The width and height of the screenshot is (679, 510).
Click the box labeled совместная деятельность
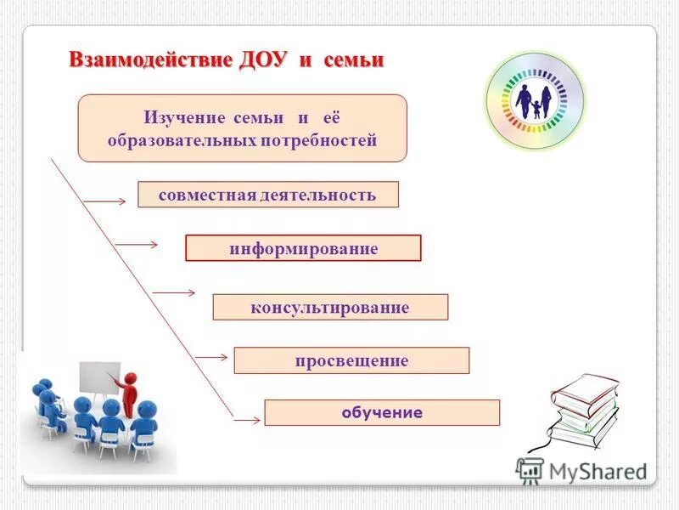267,195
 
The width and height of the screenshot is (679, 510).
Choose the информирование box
303,248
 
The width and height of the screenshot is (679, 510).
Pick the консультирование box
330,307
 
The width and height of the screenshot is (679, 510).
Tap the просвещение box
351,360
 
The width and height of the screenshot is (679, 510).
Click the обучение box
382,413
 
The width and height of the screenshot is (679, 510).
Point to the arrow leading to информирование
137,245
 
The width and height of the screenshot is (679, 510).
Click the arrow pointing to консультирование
173,292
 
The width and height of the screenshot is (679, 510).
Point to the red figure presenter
128,393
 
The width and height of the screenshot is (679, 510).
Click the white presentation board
98,378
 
